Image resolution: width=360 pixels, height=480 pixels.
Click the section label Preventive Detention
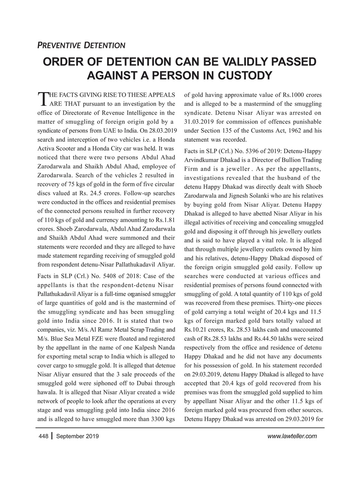click(81, 46)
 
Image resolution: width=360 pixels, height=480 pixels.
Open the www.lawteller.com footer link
click(292, 436)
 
